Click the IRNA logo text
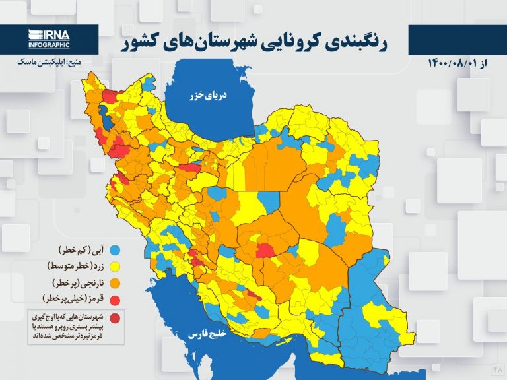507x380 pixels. (x=48, y=35)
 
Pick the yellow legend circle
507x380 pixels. (x=114, y=267)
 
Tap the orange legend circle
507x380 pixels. (x=114, y=284)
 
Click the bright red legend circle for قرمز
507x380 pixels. (x=114, y=300)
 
